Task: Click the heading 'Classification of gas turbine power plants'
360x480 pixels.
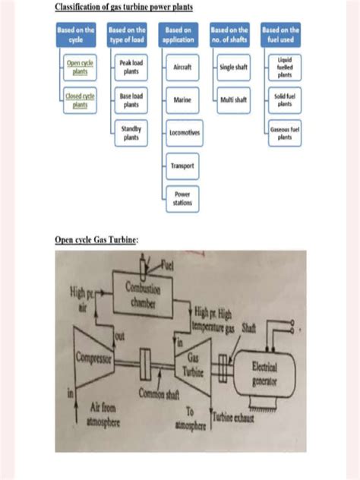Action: coord(124,8)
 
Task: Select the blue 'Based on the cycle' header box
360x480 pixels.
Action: coord(76,35)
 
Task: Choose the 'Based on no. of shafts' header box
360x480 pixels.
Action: coord(230,35)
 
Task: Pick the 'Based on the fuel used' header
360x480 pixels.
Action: coord(281,35)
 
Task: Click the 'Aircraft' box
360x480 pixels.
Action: coord(182,68)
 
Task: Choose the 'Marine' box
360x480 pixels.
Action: coord(182,100)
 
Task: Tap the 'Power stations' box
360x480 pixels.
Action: coord(182,198)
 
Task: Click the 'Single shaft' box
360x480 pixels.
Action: coord(234,68)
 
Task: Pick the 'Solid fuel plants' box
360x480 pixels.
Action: coord(285,100)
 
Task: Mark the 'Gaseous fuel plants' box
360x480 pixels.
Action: coord(285,133)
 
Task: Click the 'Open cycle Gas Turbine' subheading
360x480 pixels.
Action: coord(96,240)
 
